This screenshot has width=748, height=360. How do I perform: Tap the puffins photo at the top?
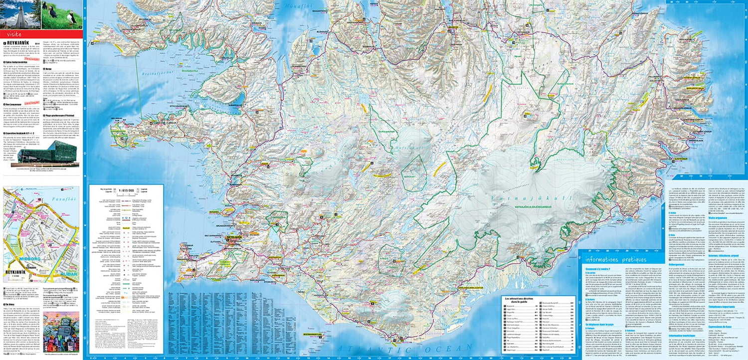(x=62, y=14)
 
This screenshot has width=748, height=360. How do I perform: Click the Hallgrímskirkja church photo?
(x=20, y=14)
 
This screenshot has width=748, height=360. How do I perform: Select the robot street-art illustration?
(x=61, y=332)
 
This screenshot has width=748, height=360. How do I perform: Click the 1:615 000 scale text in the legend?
(x=127, y=190)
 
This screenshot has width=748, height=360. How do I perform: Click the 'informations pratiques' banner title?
(x=616, y=260)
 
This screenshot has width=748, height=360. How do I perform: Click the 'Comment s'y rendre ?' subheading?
(x=597, y=268)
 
